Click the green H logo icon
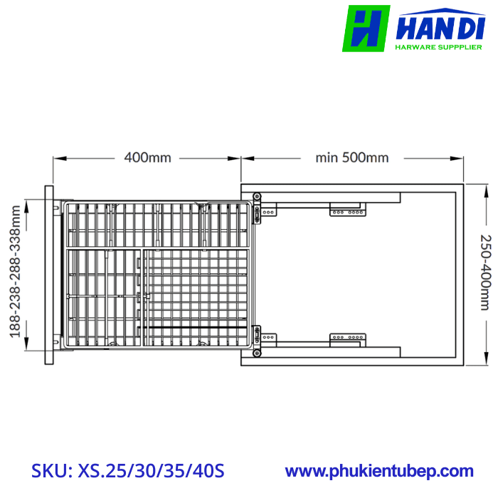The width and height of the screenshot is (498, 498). (x=366, y=28)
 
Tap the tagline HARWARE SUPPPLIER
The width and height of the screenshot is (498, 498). (x=438, y=48)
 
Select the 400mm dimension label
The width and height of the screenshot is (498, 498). (x=147, y=157)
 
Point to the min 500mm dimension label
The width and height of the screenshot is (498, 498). (x=352, y=157)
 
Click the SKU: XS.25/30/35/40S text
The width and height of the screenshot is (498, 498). (x=128, y=471)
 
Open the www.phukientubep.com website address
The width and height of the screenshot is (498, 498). (x=379, y=471)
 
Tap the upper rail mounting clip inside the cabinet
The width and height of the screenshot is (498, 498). (x=347, y=209)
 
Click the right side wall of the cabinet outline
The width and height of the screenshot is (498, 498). (x=460, y=275)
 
